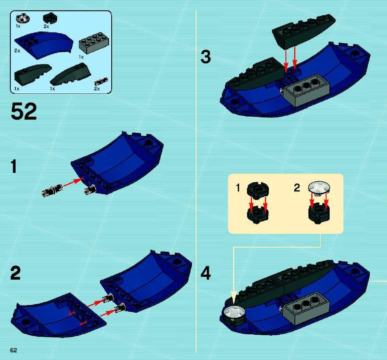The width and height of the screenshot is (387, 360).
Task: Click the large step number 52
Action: coord(24,112)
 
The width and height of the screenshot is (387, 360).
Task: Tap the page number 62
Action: coord(14,350)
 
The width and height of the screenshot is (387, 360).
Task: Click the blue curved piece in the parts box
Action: coord(44,45)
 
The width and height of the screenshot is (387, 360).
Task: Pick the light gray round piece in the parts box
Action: coord(23,18)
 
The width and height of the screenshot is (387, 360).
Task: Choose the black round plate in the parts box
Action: coord(50,18)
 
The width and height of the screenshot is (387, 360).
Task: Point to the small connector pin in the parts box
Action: coord(101,82)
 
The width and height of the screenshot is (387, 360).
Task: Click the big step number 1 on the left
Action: coord(14,166)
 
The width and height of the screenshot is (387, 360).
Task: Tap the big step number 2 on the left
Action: coord(15,273)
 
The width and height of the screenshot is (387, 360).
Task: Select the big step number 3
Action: coord(206,57)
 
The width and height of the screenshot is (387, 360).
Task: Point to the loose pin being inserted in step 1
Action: coord(52,191)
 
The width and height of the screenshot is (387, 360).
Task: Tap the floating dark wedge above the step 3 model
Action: coord(303,31)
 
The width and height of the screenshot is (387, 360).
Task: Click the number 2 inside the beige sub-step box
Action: coord(297,188)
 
